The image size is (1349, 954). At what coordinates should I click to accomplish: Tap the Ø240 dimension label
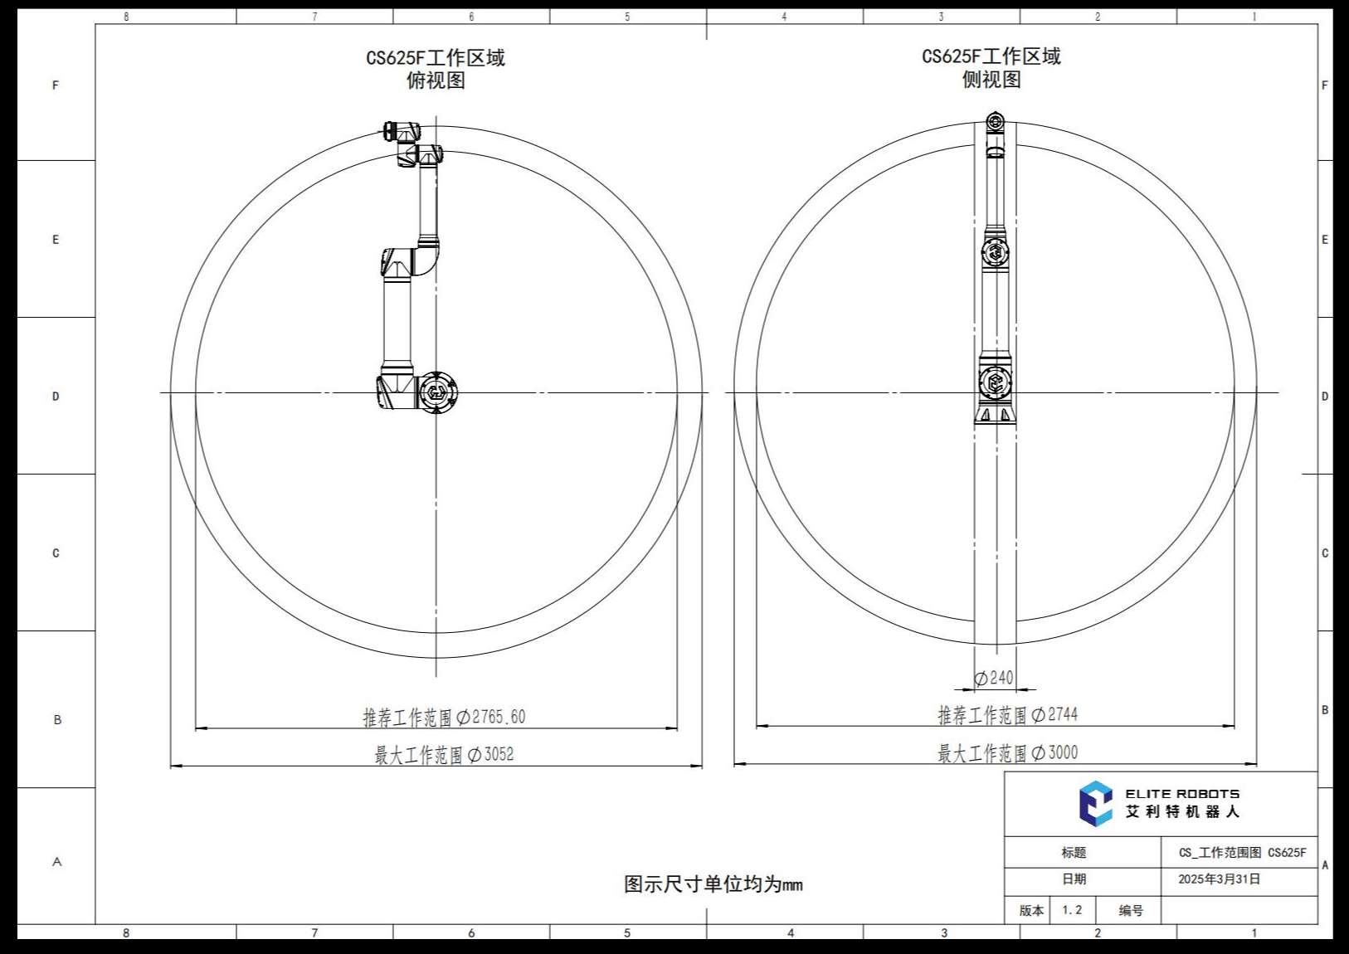(994, 678)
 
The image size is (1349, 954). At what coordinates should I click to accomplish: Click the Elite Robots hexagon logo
(1095, 803)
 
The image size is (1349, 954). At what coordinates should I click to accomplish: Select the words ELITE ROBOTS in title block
(1183, 794)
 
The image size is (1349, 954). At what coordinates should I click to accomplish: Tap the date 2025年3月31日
(1220, 879)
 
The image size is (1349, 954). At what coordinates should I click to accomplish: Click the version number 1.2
(1072, 910)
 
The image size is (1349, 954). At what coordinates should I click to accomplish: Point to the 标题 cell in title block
(1074, 852)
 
